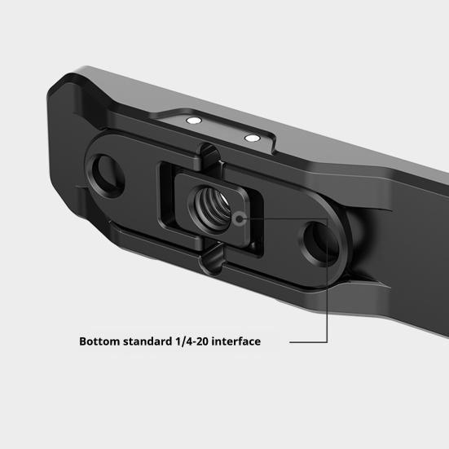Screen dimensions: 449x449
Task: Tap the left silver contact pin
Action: pyautogui.click(x=192, y=120)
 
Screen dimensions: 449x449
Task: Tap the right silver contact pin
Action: pyautogui.click(x=252, y=138)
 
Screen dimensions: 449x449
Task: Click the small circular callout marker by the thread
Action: pyautogui.click(x=237, y=217)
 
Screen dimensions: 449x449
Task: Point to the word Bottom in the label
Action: pyautogui.click(x=100, y=341)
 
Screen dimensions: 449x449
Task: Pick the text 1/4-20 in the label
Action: pyautogui.click(x=192, y=341)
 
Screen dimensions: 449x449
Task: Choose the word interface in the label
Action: pyautogui.click(x=237, y=341)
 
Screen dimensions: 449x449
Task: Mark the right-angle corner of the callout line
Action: pyautogui.click(x=328, y=218)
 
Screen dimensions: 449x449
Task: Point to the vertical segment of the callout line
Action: pyautogui.click(x=328, y=277)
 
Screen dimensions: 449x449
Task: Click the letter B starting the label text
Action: pyautogui.click(x=83, y=341)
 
